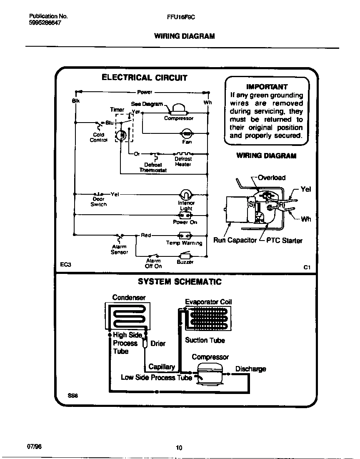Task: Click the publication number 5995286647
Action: tap(45, 23)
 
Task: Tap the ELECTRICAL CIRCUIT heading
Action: tap(145, 78)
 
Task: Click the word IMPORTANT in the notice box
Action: tap(267, 87)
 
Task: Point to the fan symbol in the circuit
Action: tap(186, 133)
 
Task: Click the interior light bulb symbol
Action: tap(186, 195)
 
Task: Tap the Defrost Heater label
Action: tap(183, 162)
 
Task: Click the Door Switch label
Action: tap(99, 202)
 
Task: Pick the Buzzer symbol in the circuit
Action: tap(185, 256)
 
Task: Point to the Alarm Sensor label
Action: tap(119, 250)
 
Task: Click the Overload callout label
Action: tap(272, 178)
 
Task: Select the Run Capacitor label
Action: tap(235, 241)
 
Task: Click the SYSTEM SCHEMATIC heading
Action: tap(180, 282)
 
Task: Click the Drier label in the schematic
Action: tap(158, 344)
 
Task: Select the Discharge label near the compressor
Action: tap(250, 369)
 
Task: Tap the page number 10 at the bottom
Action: tap(179, 448)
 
